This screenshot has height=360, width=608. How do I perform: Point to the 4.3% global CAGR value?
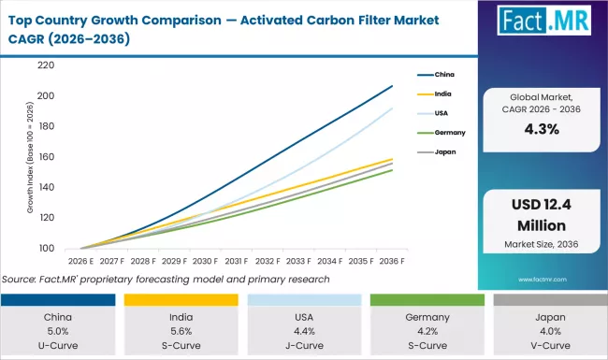[x=542, y=130]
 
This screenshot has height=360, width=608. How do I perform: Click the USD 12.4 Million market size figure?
[x=542, y=217]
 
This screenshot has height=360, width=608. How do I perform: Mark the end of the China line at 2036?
[x=392, y=85]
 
